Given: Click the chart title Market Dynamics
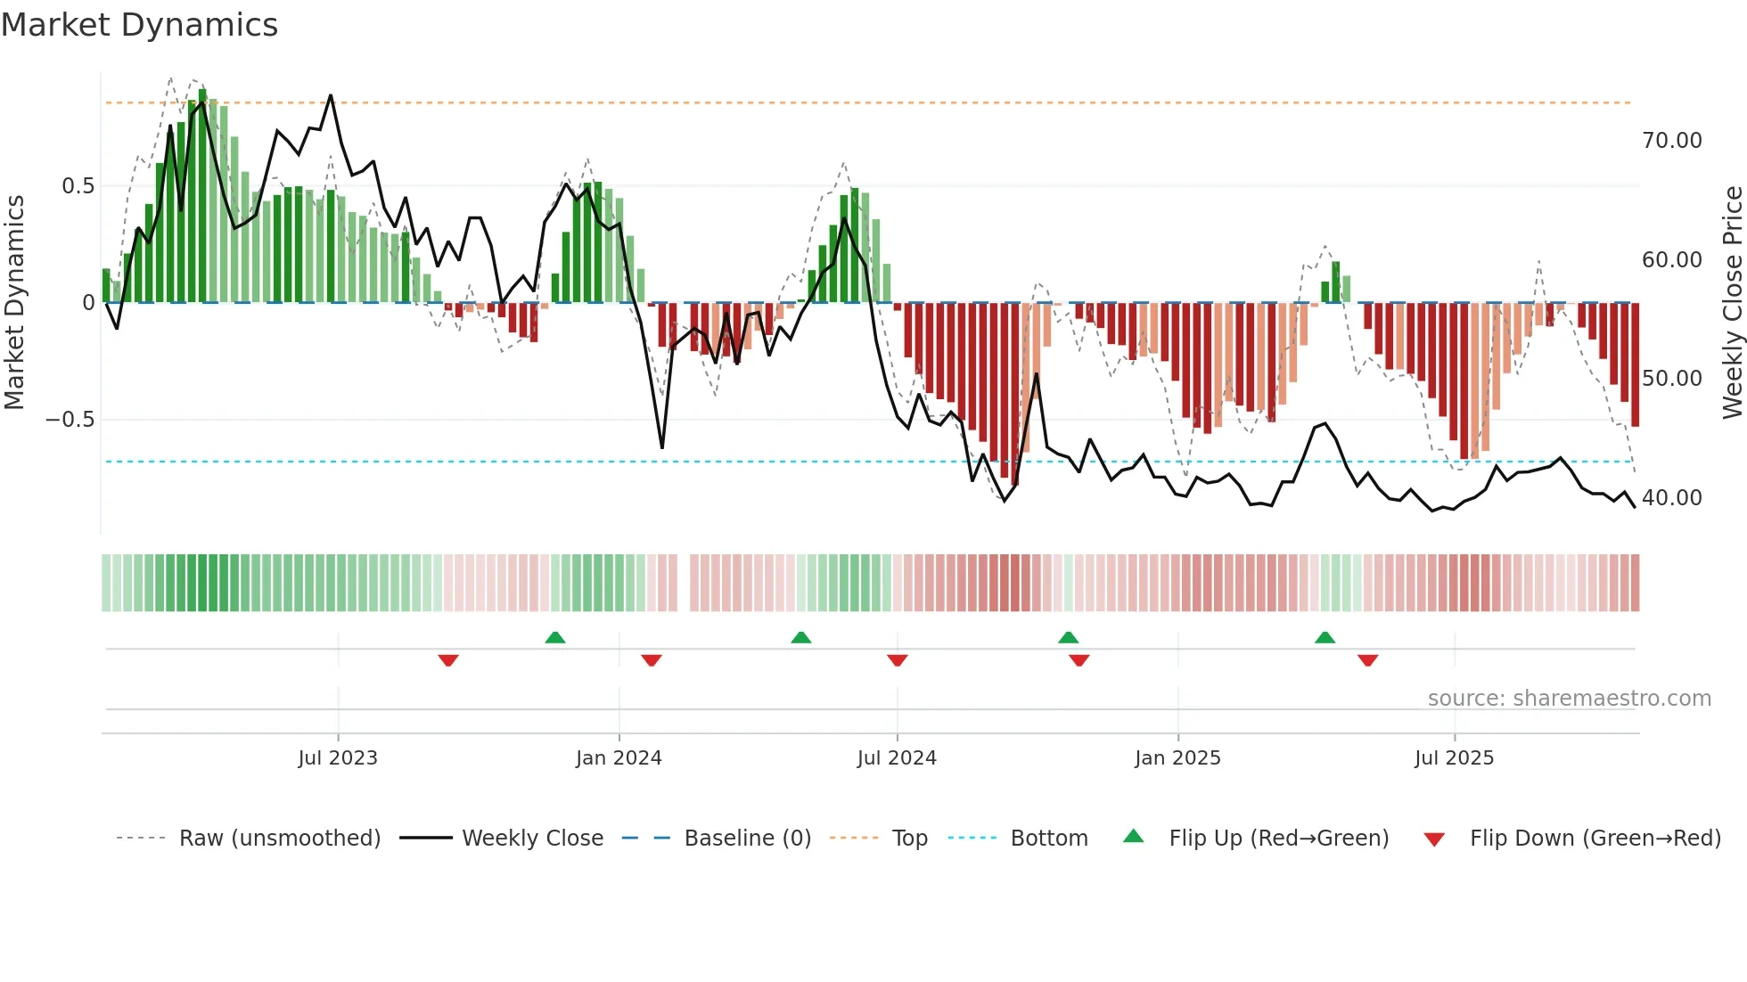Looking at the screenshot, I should [140, 25].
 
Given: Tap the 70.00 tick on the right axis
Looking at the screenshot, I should [1671, 141].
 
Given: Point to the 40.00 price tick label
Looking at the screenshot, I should [1671, 498].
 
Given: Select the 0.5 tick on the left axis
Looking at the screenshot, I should [78, 186].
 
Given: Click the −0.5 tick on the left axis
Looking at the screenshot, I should [70, 420].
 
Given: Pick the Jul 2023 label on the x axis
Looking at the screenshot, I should [338, 758].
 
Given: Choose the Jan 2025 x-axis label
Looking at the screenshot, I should [1177, 758].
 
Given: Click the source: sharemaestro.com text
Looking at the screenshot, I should [1569, 699].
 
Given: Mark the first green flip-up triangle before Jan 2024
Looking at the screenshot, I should [555, 637].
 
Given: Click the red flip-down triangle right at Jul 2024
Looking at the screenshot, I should [898, 660].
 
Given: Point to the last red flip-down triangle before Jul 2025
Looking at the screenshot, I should [1368, 660].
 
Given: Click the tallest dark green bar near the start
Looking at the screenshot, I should [203, 196].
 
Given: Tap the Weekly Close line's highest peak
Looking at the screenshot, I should [331, 95].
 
